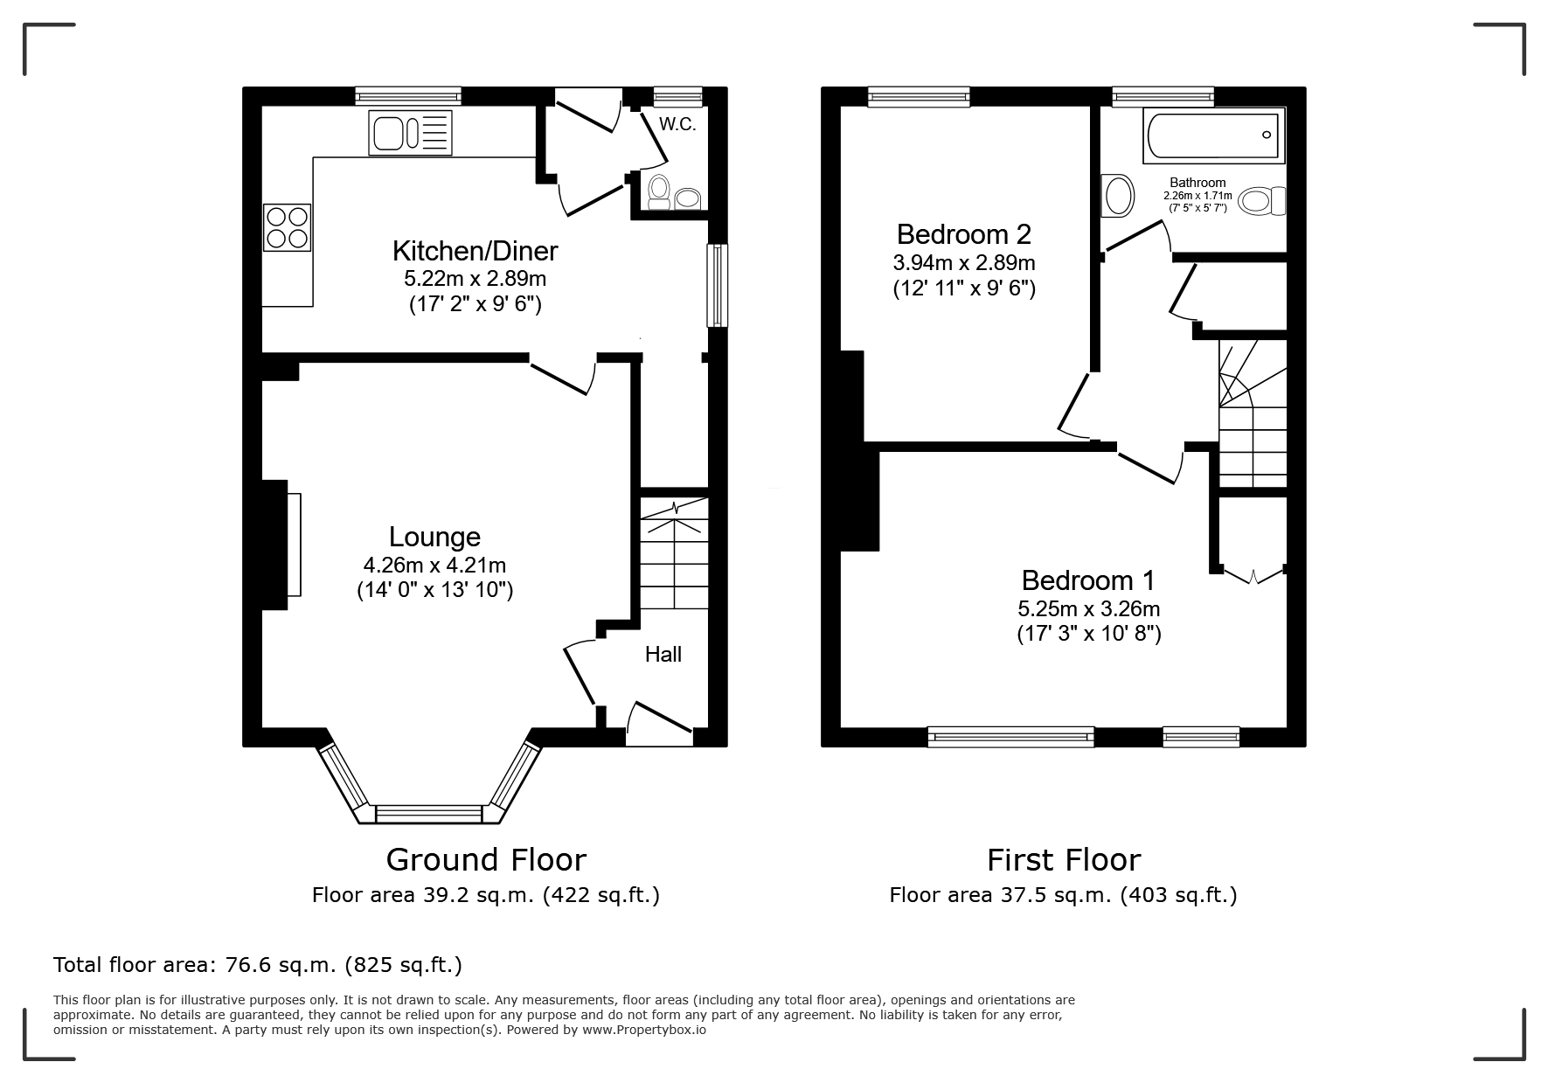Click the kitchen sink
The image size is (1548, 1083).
(411, 133)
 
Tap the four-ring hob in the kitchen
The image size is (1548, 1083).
(287, 227)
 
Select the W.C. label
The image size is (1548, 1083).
(677, 124)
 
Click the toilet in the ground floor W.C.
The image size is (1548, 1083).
(658, 191)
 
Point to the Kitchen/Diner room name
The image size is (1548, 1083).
(475, 252)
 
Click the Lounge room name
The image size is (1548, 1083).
(434, 537)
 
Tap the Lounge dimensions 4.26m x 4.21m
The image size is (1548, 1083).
(434, 566)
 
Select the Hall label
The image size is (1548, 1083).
(663, 655)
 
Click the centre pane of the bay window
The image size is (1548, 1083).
(428, 814)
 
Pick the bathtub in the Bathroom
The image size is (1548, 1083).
(1214, 135)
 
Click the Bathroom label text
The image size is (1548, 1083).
(1197, 183)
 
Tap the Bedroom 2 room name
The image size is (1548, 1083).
(964, 234)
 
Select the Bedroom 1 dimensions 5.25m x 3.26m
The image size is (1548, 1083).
(1089, 609)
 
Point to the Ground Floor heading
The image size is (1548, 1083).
(486, 860)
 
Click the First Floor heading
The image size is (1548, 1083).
(1064, 860)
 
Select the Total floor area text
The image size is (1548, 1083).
(258, 965)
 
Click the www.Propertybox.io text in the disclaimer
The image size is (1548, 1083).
(644, 1030)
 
